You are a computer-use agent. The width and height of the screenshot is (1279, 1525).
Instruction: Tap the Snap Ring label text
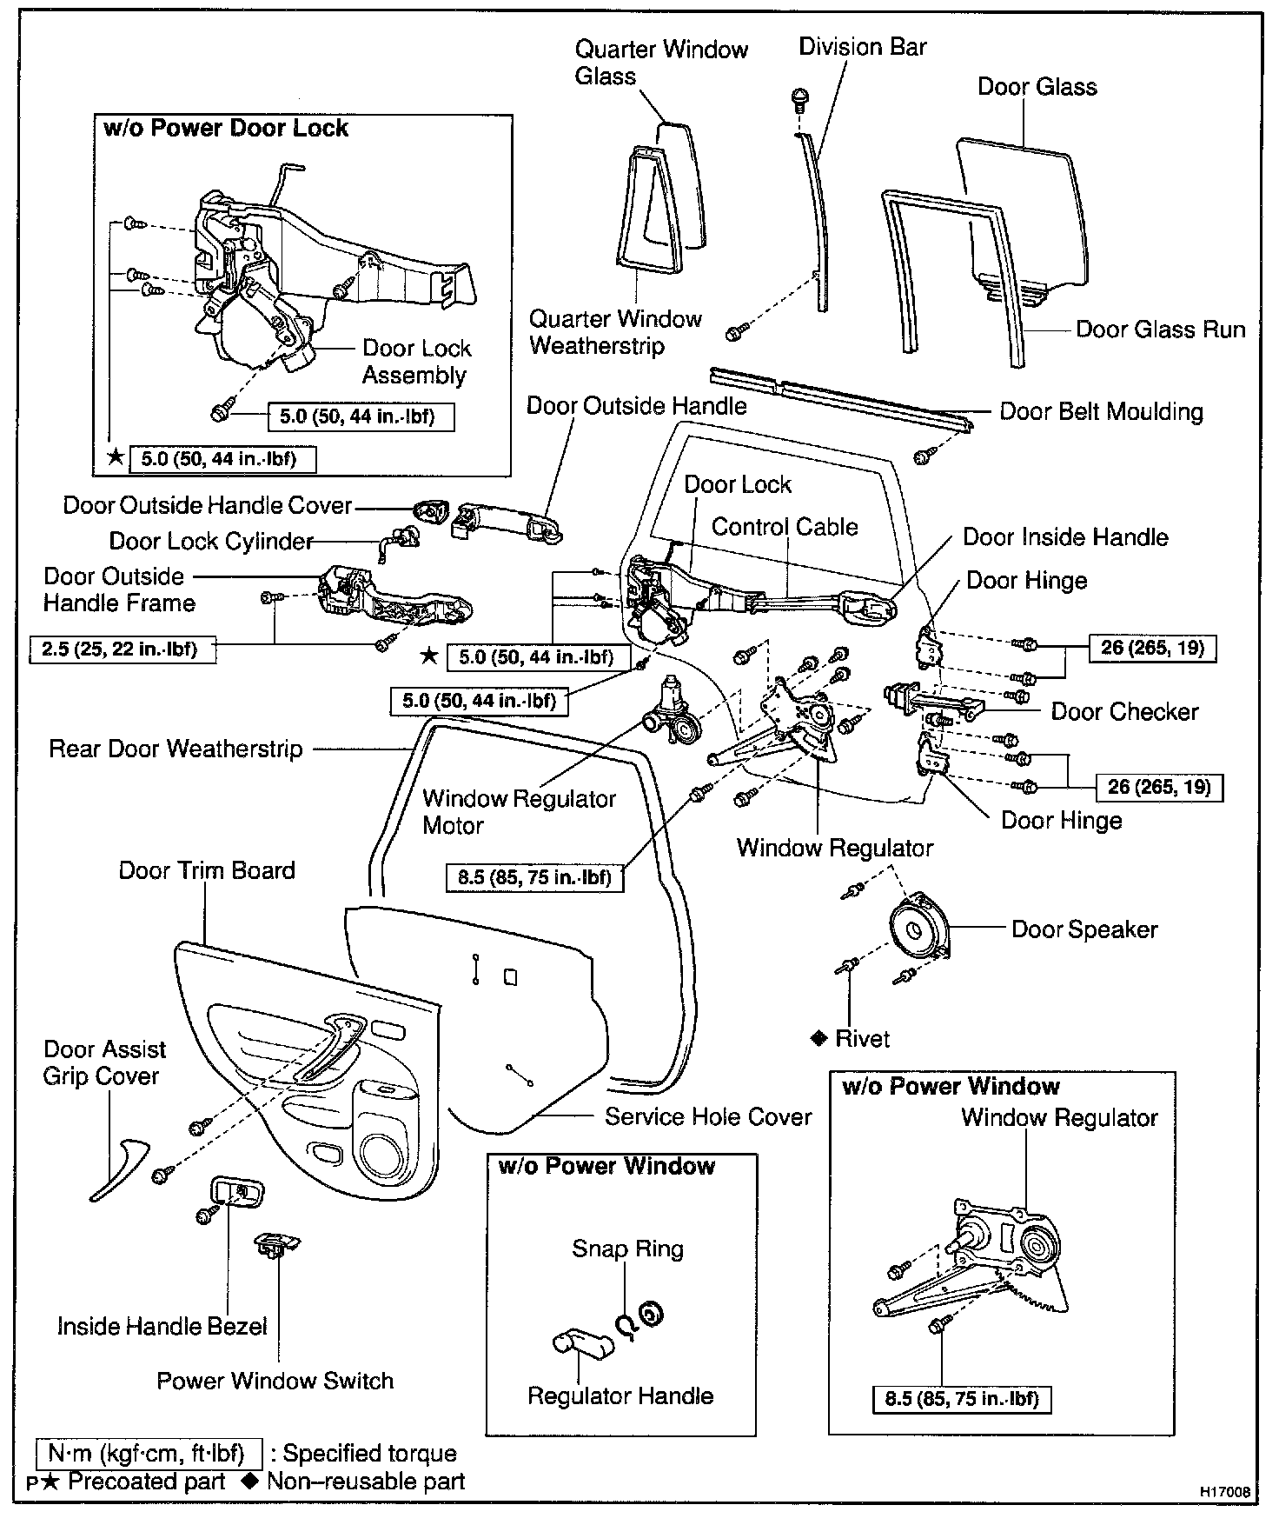click(x=627, y=1249)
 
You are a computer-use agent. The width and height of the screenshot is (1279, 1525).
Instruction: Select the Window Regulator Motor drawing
click(x=671, y=713)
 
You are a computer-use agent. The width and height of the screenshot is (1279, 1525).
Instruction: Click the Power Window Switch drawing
click(x=275, y=1245)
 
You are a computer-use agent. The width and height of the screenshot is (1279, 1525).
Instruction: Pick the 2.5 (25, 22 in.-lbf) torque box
click(x=118, y=649)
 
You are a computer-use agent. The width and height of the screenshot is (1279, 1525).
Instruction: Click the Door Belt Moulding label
click(x=1101, y=411)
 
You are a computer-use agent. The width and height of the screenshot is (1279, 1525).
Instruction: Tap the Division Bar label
click(x=862, y=47)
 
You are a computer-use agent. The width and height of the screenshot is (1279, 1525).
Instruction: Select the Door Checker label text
click(x=1124, y=711)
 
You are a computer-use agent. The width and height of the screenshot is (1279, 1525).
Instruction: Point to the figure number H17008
click(x=1225, y=1492)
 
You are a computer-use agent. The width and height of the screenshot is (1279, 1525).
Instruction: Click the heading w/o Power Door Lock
click(x=225, y=129)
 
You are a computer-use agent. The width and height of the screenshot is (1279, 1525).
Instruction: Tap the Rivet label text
click(x=862, y=1039)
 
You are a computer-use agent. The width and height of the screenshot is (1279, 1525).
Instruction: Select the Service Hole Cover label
click(x=708, y=1117)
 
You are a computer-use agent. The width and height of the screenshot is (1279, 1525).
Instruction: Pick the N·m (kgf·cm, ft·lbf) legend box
click(x=149, y=1454)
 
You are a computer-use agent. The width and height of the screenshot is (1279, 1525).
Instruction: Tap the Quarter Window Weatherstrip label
click(x=615, y=332)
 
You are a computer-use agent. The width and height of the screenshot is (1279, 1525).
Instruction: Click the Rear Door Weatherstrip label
click(x=176, y=749)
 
